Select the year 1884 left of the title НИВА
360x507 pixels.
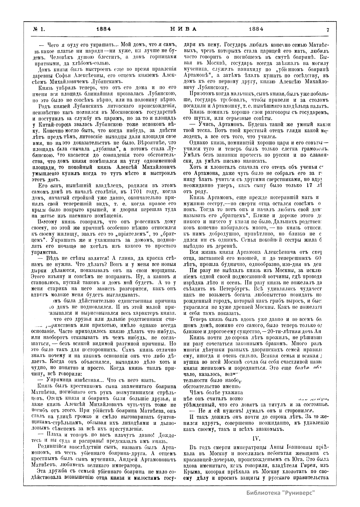[x=104, y=29]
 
